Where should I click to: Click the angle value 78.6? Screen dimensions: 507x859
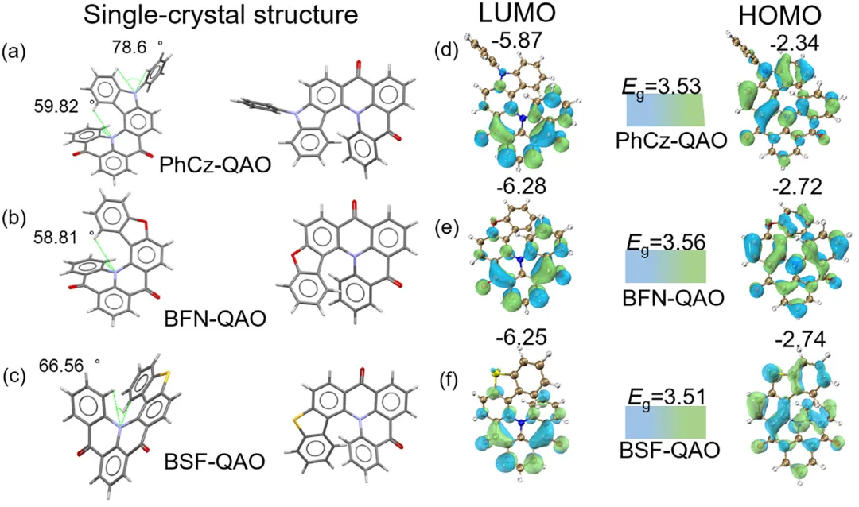130,48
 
